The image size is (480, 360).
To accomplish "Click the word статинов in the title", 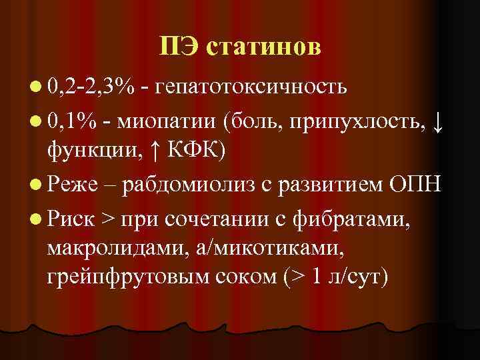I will point(264,47).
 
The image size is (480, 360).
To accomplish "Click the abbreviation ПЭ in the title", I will point(181,47).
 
